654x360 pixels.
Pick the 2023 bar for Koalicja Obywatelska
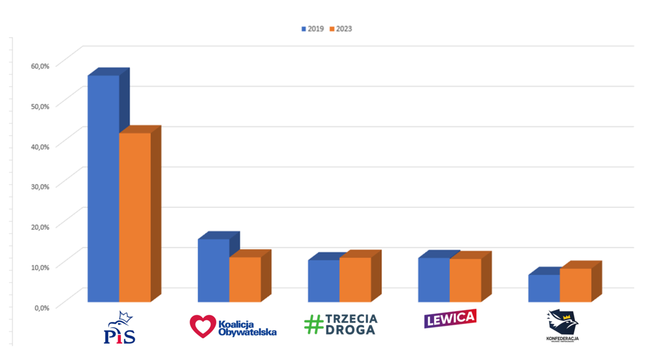(x=245, y=279)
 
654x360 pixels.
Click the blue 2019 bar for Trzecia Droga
(x=323, y=280)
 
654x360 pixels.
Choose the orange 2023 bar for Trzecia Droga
(x=355, y=279)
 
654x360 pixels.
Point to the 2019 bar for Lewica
(x=433, y=279)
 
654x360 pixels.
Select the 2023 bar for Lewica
(x=465, y=280)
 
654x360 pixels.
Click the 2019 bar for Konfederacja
(x=543, y=288)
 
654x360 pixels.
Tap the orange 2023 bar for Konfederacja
(x=576, y=285)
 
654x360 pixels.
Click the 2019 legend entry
(x=313, y=29)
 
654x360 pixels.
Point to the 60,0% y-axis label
(x=40, y=65)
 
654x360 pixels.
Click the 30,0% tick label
(x=40, y=186)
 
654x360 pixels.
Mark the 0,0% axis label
(x=42, y=307)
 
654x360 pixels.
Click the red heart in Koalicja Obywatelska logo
(x=202, y=326)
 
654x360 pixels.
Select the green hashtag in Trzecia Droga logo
(x=314, y=325)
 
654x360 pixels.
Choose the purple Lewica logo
(x=450, y=318)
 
